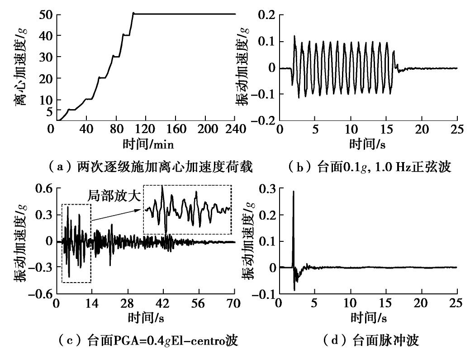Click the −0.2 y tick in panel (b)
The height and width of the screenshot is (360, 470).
(260, 120)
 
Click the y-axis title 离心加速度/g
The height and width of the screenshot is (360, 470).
(21, 68)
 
